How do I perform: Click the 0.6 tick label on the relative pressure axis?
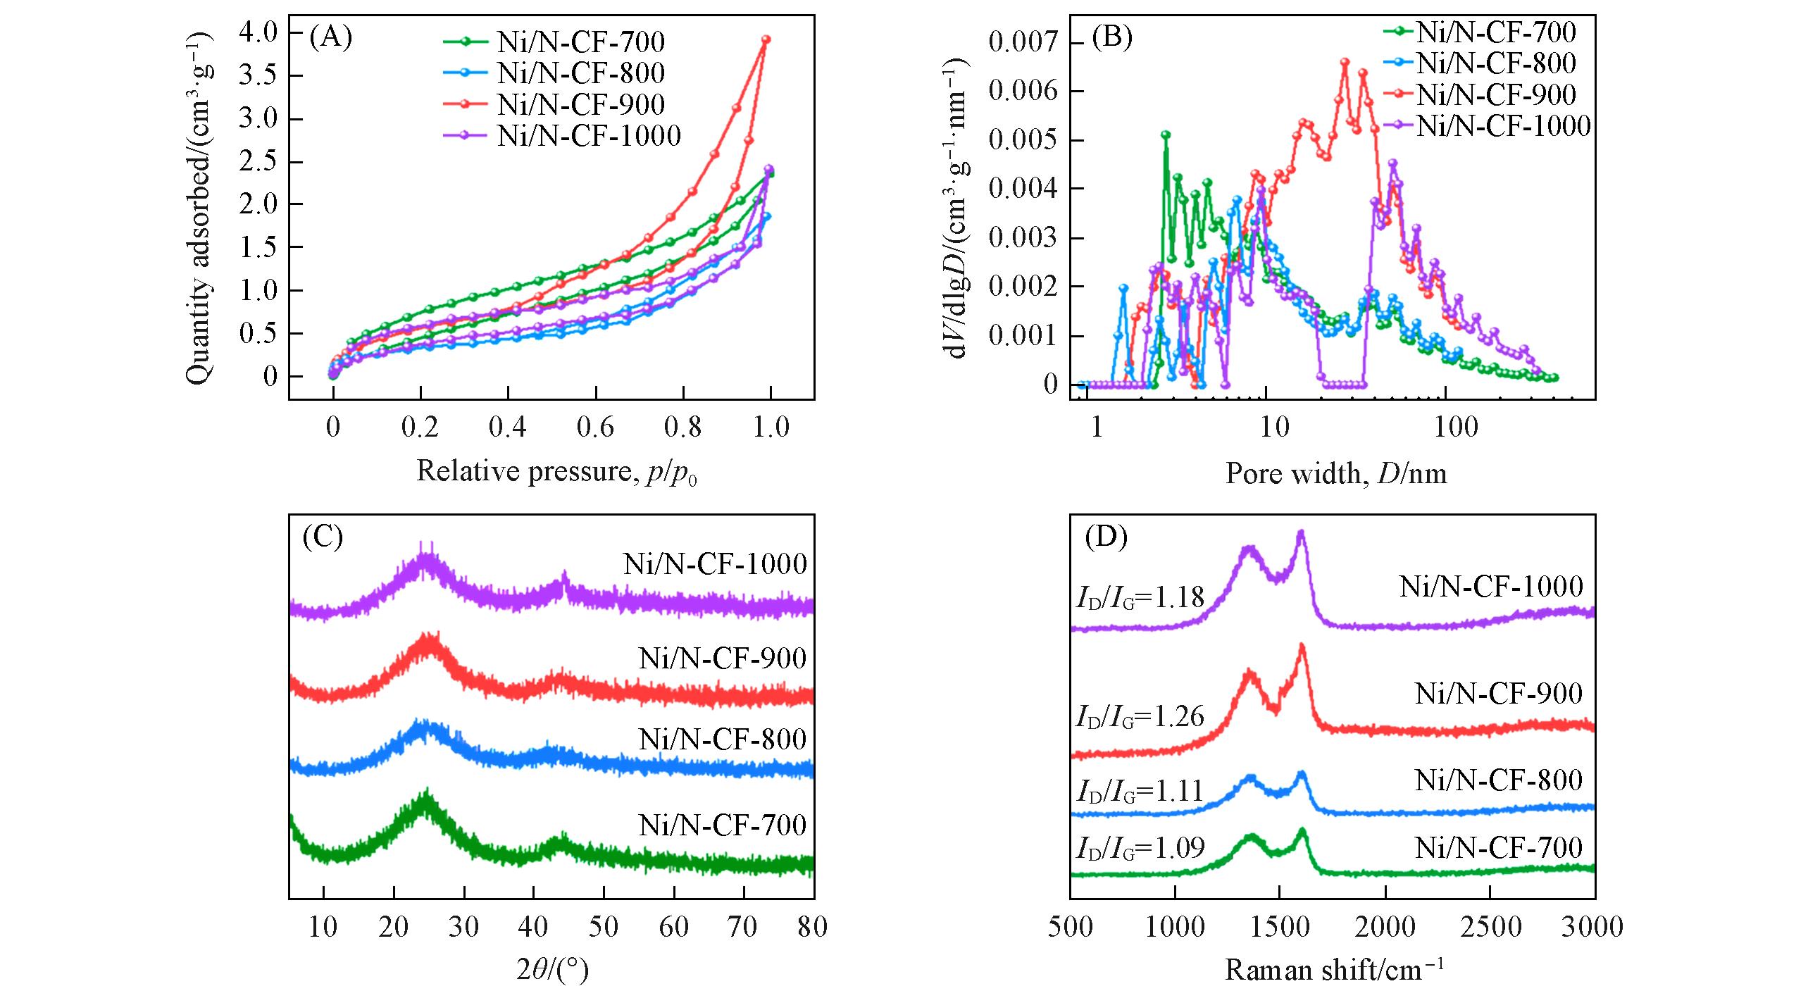[x=595, y=427]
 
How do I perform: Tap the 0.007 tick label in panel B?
[x=1023, y=42]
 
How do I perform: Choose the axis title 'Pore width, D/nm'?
[x=1336, y=473]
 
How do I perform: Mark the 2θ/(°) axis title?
[x=552, y=971]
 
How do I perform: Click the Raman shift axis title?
[x=1334, y=971]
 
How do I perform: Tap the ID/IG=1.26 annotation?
[x=1140, y=717]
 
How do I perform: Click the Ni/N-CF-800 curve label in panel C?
[x=722, y=740]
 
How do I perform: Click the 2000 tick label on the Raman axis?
[x=1385, y=927]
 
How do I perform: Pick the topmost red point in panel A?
[x=766, y=39]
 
